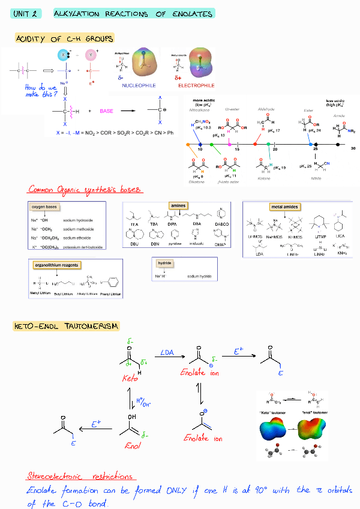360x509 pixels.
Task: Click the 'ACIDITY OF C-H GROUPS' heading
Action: tap(65, 39)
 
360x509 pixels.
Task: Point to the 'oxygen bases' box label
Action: tap(44, 206)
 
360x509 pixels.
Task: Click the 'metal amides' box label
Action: tap(285, 206)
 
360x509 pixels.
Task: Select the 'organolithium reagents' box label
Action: tap(57, 265)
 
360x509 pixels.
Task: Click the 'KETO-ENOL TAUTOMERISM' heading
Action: tap(66, 326)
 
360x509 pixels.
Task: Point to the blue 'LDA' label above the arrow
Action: tap(167, 353)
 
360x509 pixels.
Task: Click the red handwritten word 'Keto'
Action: tap(130, 379)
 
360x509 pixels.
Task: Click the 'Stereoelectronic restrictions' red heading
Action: tap(80, 476)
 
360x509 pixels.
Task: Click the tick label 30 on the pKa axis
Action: tap(353, 148)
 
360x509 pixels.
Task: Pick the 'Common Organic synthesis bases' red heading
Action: tap(85, 190)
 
